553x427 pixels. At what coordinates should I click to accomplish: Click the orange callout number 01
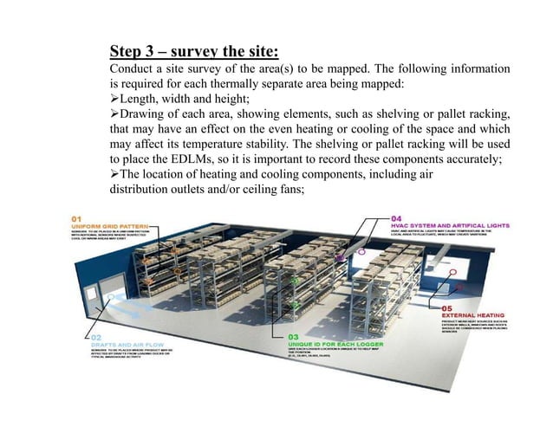(x=77, y=217)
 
